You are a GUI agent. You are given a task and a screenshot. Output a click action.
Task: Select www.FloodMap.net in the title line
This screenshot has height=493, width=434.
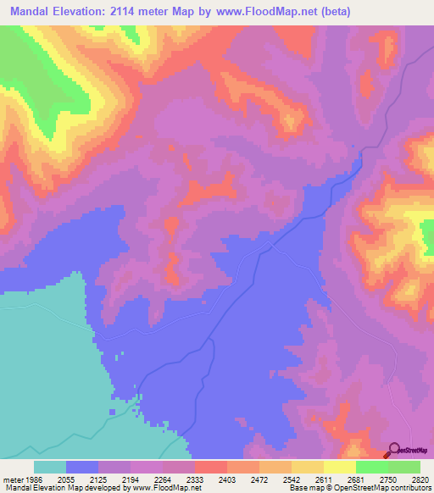point(264,12)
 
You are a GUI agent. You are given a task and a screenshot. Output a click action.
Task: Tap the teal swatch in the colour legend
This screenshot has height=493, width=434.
point(50,467)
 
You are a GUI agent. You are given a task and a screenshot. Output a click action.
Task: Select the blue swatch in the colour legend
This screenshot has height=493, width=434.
point(82,467)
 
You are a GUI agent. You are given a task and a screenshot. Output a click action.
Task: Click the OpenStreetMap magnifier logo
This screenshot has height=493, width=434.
point(395,450)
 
